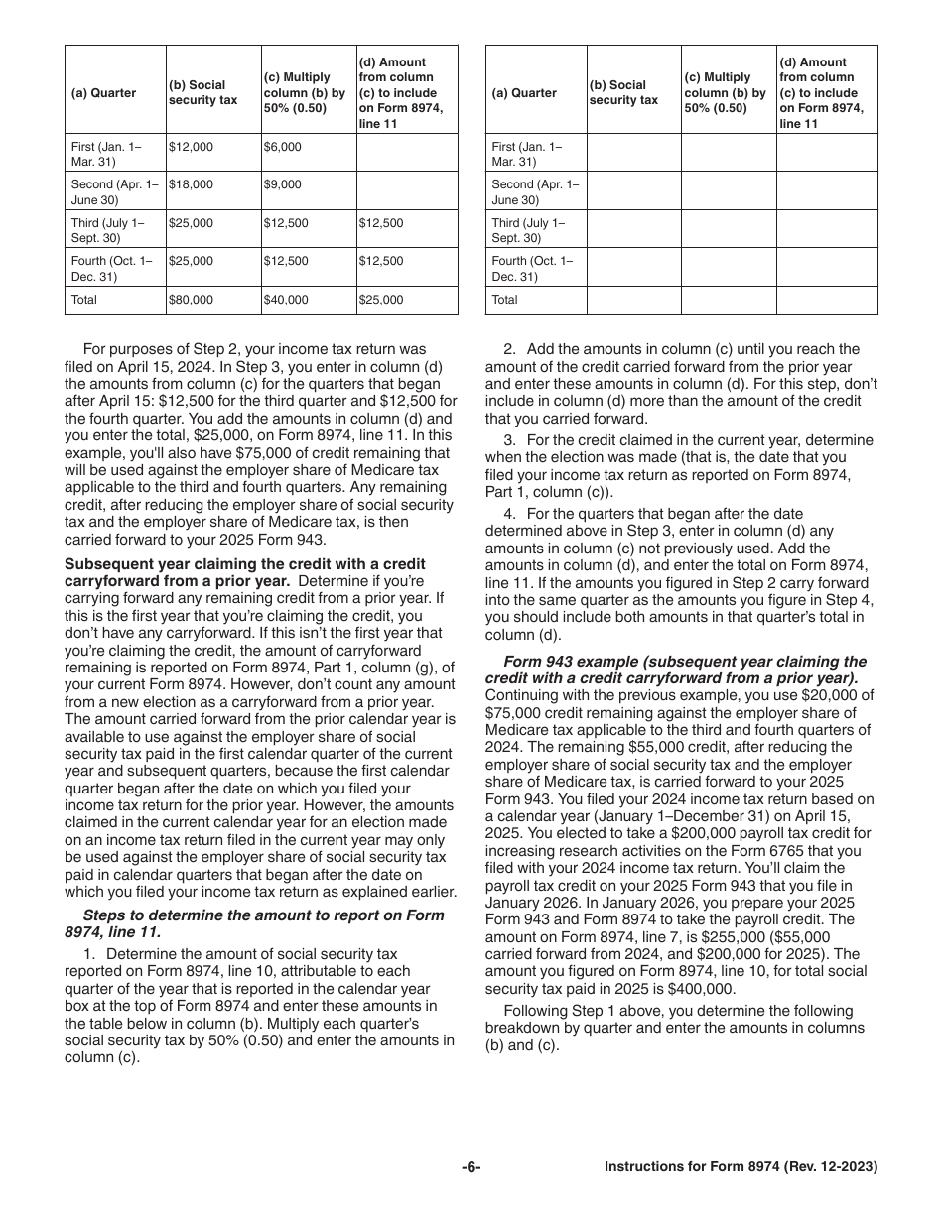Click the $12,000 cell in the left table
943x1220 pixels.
[191, 147]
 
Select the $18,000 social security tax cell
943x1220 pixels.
[191, 184]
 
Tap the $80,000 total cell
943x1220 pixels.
[191, 300]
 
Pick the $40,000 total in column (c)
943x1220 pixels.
[286, 300]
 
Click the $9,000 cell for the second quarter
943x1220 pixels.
[283, 184]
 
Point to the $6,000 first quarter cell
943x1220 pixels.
[283, 147]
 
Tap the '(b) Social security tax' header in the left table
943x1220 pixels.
[197, 93]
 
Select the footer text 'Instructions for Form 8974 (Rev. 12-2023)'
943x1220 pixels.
[741, 1167]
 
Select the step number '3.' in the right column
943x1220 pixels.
[509, 439]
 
